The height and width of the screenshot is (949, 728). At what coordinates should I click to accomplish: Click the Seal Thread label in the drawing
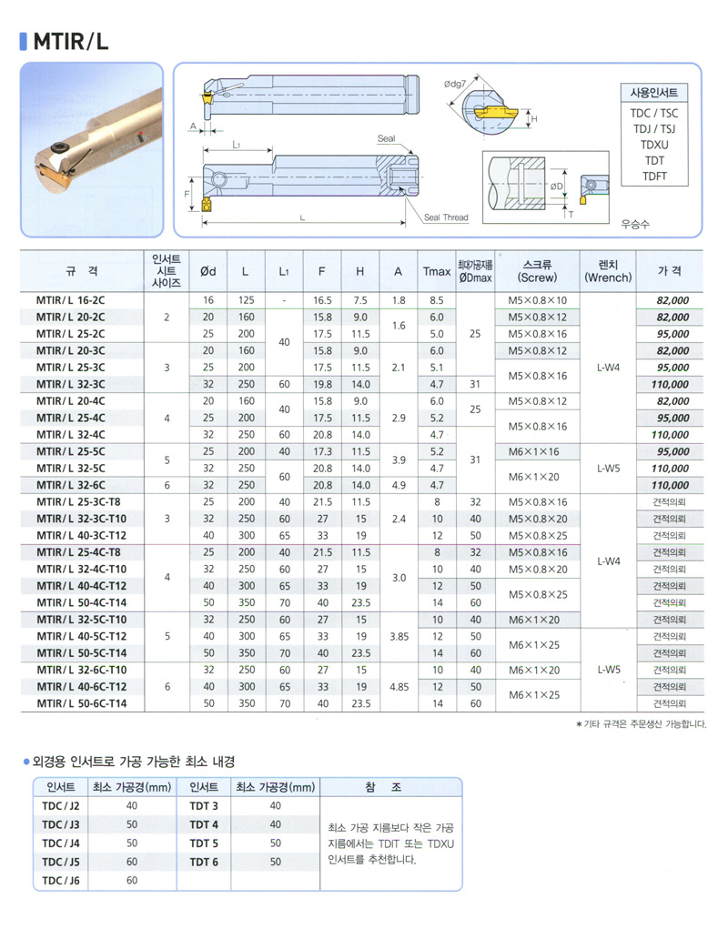[x=445, y=218]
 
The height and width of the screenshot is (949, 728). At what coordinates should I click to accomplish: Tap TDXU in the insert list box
[x=653, y=145]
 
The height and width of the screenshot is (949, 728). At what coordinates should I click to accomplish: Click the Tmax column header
[x=437, y=271]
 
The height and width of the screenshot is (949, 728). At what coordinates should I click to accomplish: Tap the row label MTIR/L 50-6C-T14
[x=82, y=703]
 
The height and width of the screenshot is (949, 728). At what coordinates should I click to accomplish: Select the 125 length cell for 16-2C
[x=246, y=300]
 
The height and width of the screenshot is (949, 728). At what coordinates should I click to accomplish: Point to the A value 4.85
[x=399, y=687]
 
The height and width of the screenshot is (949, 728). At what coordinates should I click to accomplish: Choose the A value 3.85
[x=399, y=636]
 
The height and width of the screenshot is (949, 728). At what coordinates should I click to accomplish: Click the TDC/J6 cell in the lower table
[x=61, y=880]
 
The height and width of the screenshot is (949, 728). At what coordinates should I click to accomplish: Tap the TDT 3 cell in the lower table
[x=204, y=806]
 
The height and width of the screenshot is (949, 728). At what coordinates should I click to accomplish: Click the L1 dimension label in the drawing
[x=236, y=145]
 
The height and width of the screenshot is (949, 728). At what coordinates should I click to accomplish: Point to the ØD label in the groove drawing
[x=558, y=187]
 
